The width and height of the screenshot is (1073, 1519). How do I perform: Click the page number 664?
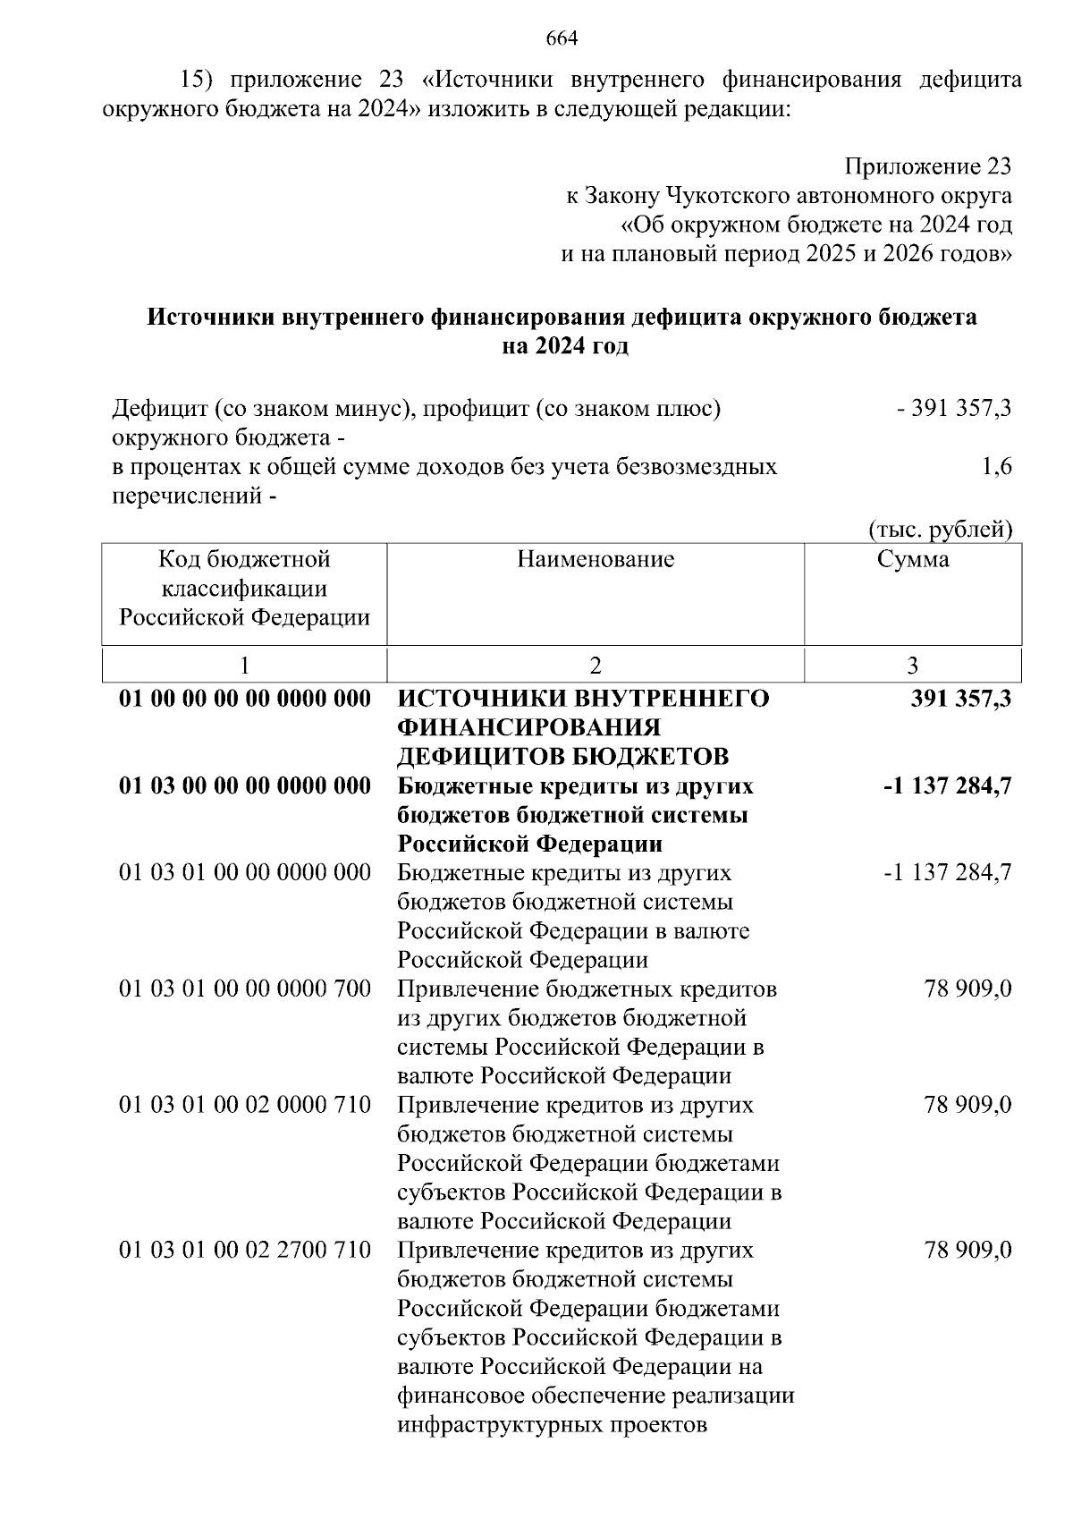(x=562, y=38)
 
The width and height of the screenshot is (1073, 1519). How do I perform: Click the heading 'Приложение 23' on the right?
(x=928, y=166)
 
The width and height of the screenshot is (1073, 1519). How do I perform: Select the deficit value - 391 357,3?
(x=954, y=409)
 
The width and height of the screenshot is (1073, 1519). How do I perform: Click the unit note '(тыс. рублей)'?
(x=941, y=530)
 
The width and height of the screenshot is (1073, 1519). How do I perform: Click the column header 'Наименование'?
(x=596, y=560)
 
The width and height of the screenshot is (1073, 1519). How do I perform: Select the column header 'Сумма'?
(x=913, y=560)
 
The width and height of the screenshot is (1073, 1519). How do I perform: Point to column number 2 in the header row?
(x=596, y=666)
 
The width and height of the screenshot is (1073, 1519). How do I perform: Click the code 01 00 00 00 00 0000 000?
(x=245, y=699)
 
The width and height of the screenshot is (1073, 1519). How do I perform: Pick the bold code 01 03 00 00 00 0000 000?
(x=245, y=786)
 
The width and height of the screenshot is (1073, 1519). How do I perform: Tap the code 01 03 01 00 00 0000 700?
(x=245, y=989)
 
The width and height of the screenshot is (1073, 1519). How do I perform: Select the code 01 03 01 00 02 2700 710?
(x=245, y=1251)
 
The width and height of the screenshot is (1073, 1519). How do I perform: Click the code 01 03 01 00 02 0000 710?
(x=245, y=1106)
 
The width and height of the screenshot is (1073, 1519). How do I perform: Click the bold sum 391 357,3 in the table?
(x=961, y=699)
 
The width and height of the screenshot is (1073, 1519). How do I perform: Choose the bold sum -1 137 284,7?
(x=948, y=786)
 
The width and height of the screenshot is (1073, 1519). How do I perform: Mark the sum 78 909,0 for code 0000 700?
(x=968, y=989)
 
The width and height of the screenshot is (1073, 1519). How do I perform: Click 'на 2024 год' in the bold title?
(x=564, y=346)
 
